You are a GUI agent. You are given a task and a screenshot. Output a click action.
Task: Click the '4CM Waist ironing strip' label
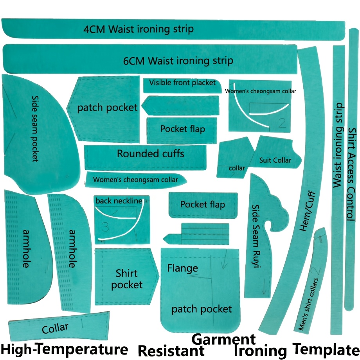139,29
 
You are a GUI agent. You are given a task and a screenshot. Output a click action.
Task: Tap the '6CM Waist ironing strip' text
178,61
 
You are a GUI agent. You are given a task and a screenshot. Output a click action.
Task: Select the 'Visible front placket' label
182,83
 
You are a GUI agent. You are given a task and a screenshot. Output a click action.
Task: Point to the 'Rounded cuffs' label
150,153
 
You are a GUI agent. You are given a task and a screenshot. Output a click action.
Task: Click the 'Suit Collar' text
275,160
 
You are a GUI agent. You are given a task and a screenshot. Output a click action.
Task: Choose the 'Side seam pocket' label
35,129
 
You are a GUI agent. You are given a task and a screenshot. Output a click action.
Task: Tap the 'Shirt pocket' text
127,279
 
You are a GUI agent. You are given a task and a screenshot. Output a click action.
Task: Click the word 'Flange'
182,268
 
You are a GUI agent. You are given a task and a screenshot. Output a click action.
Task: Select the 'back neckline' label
119,201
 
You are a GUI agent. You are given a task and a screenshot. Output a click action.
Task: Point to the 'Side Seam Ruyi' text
256,236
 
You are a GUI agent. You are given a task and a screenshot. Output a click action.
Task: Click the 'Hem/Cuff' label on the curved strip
308,211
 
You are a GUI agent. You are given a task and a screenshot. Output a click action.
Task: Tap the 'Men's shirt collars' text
308,304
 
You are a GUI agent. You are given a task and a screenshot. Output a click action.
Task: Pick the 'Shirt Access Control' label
351,174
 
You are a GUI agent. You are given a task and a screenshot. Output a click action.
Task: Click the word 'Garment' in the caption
223,339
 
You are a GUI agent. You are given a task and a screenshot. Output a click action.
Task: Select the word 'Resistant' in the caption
171,351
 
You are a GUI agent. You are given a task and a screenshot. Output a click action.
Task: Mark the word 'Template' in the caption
326,350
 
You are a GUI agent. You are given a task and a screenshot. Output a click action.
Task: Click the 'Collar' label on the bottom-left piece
55,328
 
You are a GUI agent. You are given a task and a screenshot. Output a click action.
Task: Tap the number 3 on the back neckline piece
105,227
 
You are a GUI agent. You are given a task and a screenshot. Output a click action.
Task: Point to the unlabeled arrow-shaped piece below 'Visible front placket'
180,105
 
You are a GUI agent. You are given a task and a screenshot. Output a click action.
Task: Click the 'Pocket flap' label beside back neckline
203,204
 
